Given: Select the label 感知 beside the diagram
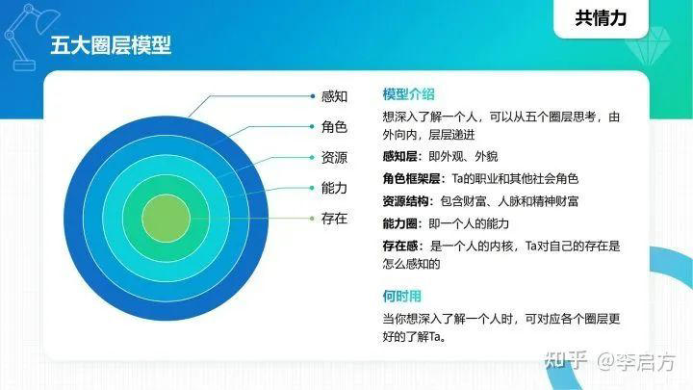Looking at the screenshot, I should pos(334,96).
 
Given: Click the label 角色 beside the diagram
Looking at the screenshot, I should pos(334,127).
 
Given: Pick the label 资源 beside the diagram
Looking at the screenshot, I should pos(334,158).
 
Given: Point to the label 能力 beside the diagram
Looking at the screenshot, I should pos(334,189).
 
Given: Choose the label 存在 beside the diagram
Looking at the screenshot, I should pos(334,220).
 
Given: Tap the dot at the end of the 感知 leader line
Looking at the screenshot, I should pos(313,96).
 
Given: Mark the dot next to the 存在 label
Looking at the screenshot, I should pos(313,220).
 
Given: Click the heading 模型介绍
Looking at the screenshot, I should pos(408,93).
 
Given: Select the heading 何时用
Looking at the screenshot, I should pos(401,296).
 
